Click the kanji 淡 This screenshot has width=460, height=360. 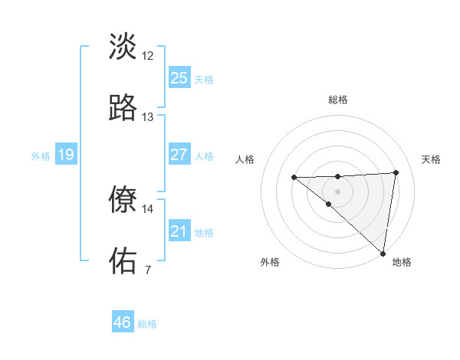click(123, 47)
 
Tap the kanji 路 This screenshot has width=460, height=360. click(123, 108)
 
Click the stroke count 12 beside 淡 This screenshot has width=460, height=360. click(148, 56)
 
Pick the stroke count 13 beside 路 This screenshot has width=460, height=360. click(148, 117)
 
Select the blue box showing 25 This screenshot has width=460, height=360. click(179, 78)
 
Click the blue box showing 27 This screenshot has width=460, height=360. click(179, 155)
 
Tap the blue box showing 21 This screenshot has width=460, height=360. click(179, 231)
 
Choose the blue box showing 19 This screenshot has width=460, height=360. click(65, 155)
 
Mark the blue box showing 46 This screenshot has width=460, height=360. click(123, 322)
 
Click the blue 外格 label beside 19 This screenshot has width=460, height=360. click(41, 156)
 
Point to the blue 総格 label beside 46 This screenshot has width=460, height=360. click(147, 324)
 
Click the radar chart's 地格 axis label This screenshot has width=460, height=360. click(402, 263)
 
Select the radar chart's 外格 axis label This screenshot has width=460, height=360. click(270, 263)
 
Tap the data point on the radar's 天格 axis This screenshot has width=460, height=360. click(396, 172)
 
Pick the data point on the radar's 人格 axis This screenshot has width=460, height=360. click(294, 178)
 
